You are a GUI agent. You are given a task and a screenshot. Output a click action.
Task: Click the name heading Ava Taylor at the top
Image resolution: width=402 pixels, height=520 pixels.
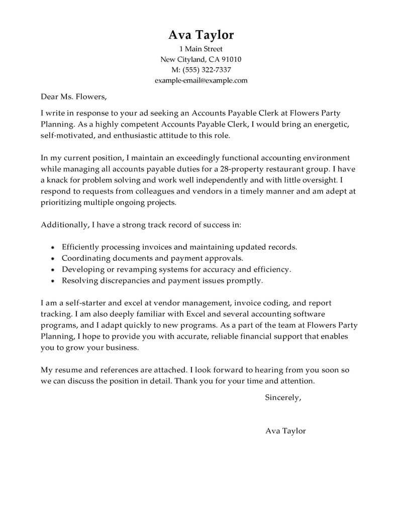coord(200,35)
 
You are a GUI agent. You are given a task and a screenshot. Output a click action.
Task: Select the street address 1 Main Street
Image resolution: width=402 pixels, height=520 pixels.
coord(200,49)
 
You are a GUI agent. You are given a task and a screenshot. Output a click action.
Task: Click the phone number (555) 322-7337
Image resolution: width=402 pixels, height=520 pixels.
coord(207,70)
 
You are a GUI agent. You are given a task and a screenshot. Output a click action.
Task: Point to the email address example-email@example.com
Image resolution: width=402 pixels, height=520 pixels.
coord(200,80)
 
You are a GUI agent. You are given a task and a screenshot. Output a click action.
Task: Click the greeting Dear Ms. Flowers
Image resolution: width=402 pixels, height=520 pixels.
coord(73,96)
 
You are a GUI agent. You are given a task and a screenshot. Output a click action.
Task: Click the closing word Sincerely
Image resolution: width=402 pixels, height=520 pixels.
coord(282,398)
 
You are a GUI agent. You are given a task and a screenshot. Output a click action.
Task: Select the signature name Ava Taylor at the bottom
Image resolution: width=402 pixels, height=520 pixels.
coord(285,431)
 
